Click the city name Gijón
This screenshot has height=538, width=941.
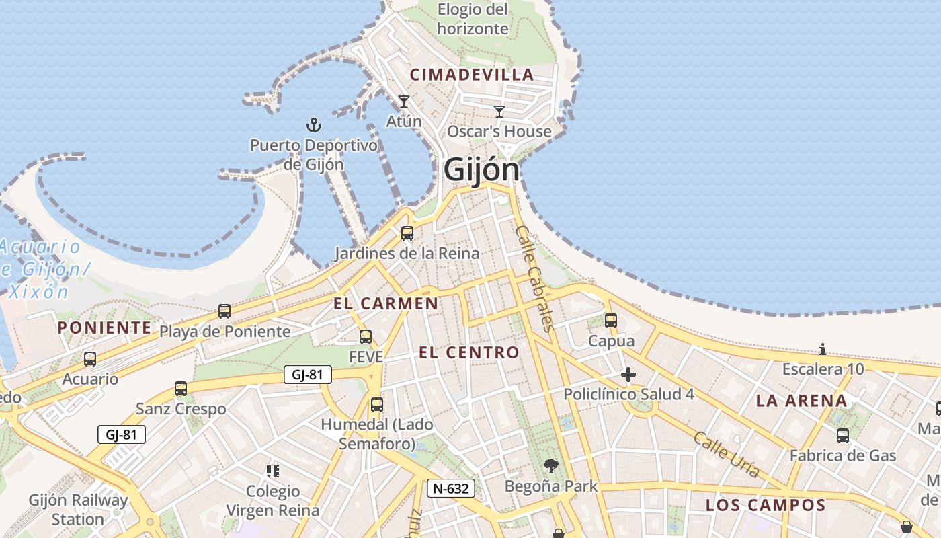tap(481, 170)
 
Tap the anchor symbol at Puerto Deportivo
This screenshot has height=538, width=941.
tap(314, 124)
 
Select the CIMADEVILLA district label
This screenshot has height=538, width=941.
tap(472, 75)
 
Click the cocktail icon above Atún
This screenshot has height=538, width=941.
tap(404, 102)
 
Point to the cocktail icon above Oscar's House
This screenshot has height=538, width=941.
tap(499, 112)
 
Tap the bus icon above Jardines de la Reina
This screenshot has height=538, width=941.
tap(407, 233)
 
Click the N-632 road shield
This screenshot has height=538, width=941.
tap(451, 488)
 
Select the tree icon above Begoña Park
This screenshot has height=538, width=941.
tap(551, 465)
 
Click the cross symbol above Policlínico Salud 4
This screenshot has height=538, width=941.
tap(628, 375)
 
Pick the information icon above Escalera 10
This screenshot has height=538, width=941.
tap(823, 349)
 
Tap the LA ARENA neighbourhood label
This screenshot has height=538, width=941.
tap(801, 401)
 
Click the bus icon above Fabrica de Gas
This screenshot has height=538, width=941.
tap(843, 435)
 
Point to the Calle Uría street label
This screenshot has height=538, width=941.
tap(727, 455)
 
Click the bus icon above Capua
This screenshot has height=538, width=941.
tap(611, 321)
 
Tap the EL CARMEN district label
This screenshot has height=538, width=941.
tap(386, 303)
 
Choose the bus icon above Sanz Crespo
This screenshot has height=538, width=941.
tap(181, 388)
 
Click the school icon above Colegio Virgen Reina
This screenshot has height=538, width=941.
tap(273, 471)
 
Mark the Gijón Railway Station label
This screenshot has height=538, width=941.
tap(78, 510)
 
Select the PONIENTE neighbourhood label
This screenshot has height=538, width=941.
tap(104, 328)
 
